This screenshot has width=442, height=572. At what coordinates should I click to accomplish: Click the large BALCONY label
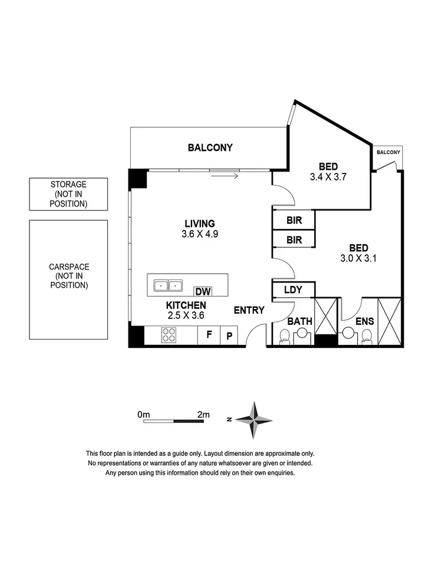pyautogui.click(x=210, y=147)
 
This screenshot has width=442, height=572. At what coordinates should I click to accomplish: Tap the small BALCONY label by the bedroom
pyautogui.click(x=388, y=153)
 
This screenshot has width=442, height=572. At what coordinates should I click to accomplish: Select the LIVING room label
pyautogui.click(x=200, y=223)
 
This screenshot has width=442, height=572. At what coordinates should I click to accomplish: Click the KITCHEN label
pyautogui.click(x=186, y=305)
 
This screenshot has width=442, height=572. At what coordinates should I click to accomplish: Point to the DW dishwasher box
pyautogui.click(x=203, y=291)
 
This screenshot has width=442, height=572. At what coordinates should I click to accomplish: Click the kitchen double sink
pyautogui.click(x=168, y=286)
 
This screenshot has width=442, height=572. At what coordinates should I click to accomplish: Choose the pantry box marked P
pyautogui.click(x=229, y=337)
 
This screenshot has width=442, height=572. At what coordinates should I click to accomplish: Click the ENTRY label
pyautogui.click(x=249, y=310)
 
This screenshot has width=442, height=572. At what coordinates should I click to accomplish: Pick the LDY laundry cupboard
pyautogui.click(x=293, y=290)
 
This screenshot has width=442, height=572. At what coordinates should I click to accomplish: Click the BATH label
pyautogui.click(x=300, y=321)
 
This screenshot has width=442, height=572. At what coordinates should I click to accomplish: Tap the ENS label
pyautogui.click(x=362, y=321)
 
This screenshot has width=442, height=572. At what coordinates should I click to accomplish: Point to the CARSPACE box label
pyautogui.click(x=68, y=276)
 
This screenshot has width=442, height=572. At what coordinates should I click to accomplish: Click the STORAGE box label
pyautogui.click(x=68, y=194)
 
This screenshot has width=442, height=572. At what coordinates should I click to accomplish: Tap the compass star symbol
pyautogui.click(x=254, y=419)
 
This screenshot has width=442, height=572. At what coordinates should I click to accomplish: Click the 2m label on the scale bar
pyautogui.click(x=203, y=415)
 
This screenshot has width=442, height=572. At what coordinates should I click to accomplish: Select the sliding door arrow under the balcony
pyautogui.click(x=224, y=175)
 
